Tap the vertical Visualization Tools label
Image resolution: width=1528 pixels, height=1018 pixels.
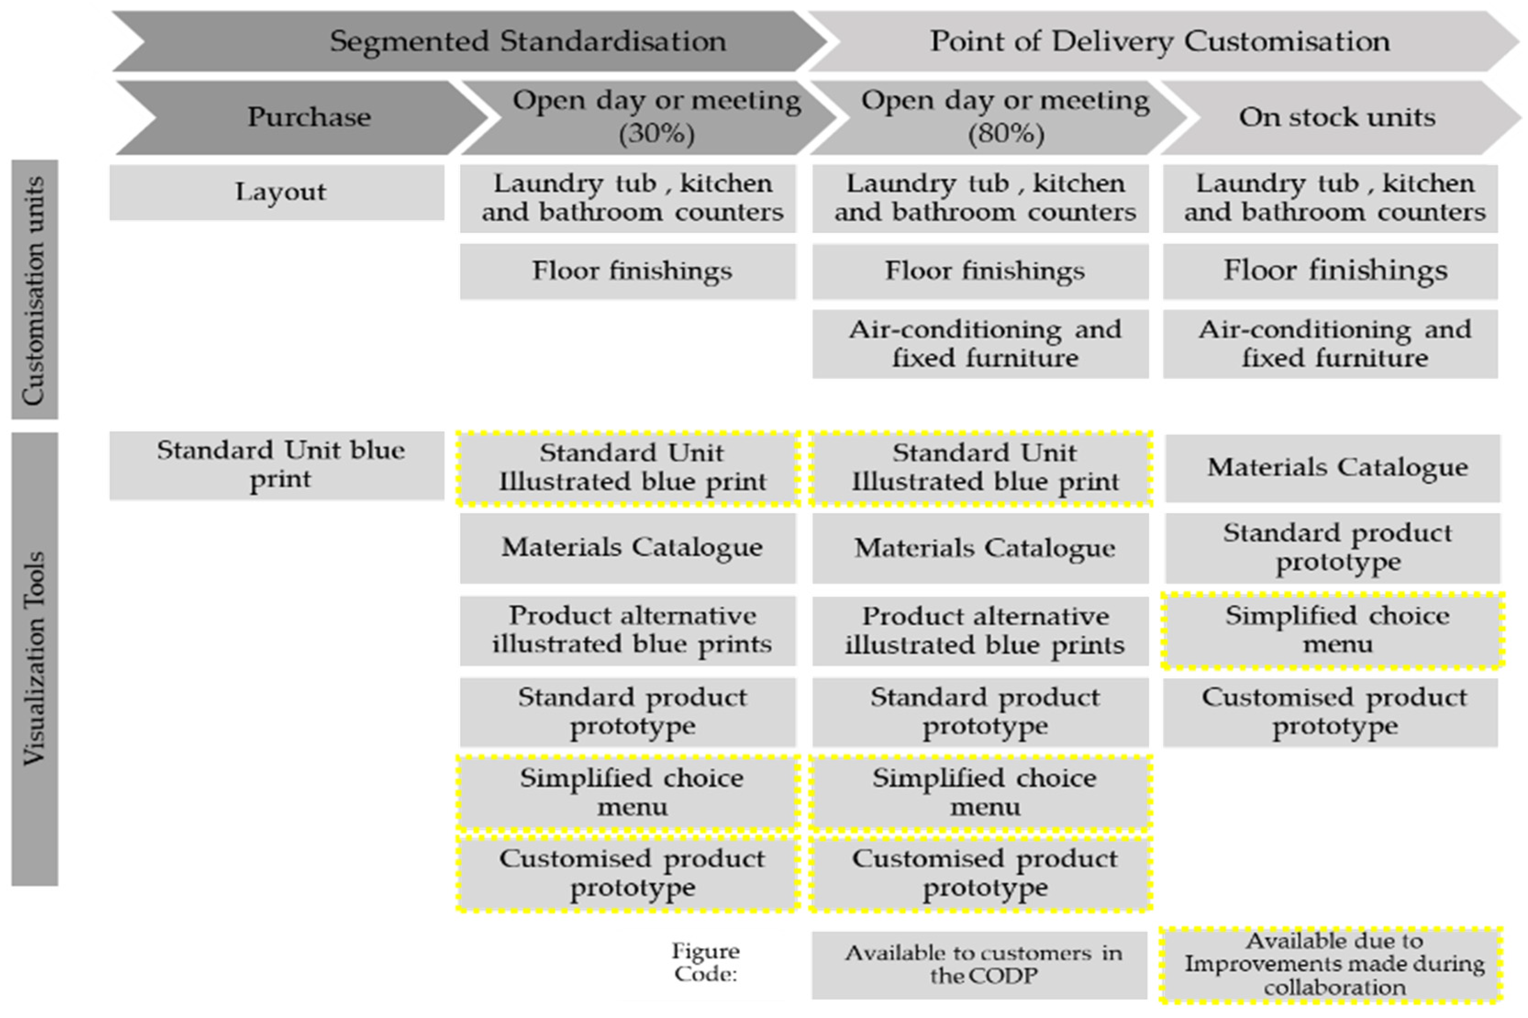click(34, 658)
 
